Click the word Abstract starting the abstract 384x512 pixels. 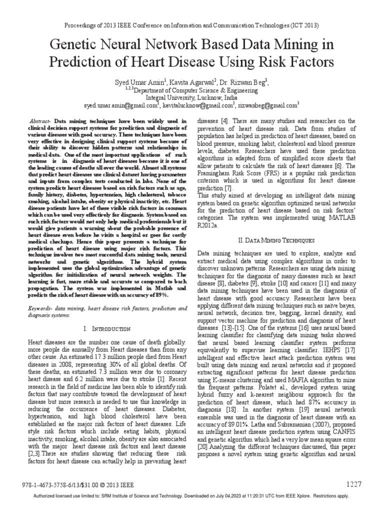click(40, 121)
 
